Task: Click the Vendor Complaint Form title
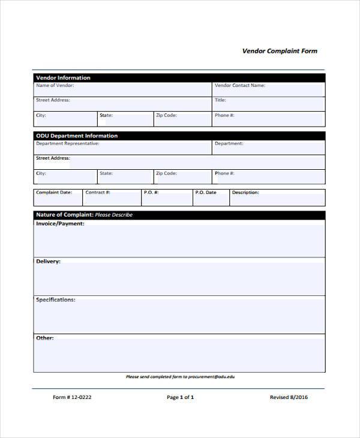pos(280,51)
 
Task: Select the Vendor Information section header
pos(64,78)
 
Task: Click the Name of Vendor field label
pos(55,86)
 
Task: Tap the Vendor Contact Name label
pos(240,86)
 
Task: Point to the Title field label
pos(220,100)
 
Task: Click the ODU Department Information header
pos(77,136)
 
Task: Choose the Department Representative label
pos(68,144)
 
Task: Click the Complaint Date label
pos(54,193)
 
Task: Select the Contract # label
pos(98,193)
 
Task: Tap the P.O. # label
pos(151,193)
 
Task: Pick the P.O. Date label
pos(206,193)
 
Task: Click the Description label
pos(245,193)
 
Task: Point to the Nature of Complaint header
pos(84,215)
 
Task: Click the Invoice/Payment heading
pos(60,224)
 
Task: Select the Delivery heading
pos(48,262)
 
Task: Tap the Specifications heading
pos(56,299)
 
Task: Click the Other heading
pos(45,338)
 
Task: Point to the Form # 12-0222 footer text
pos(72,397)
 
